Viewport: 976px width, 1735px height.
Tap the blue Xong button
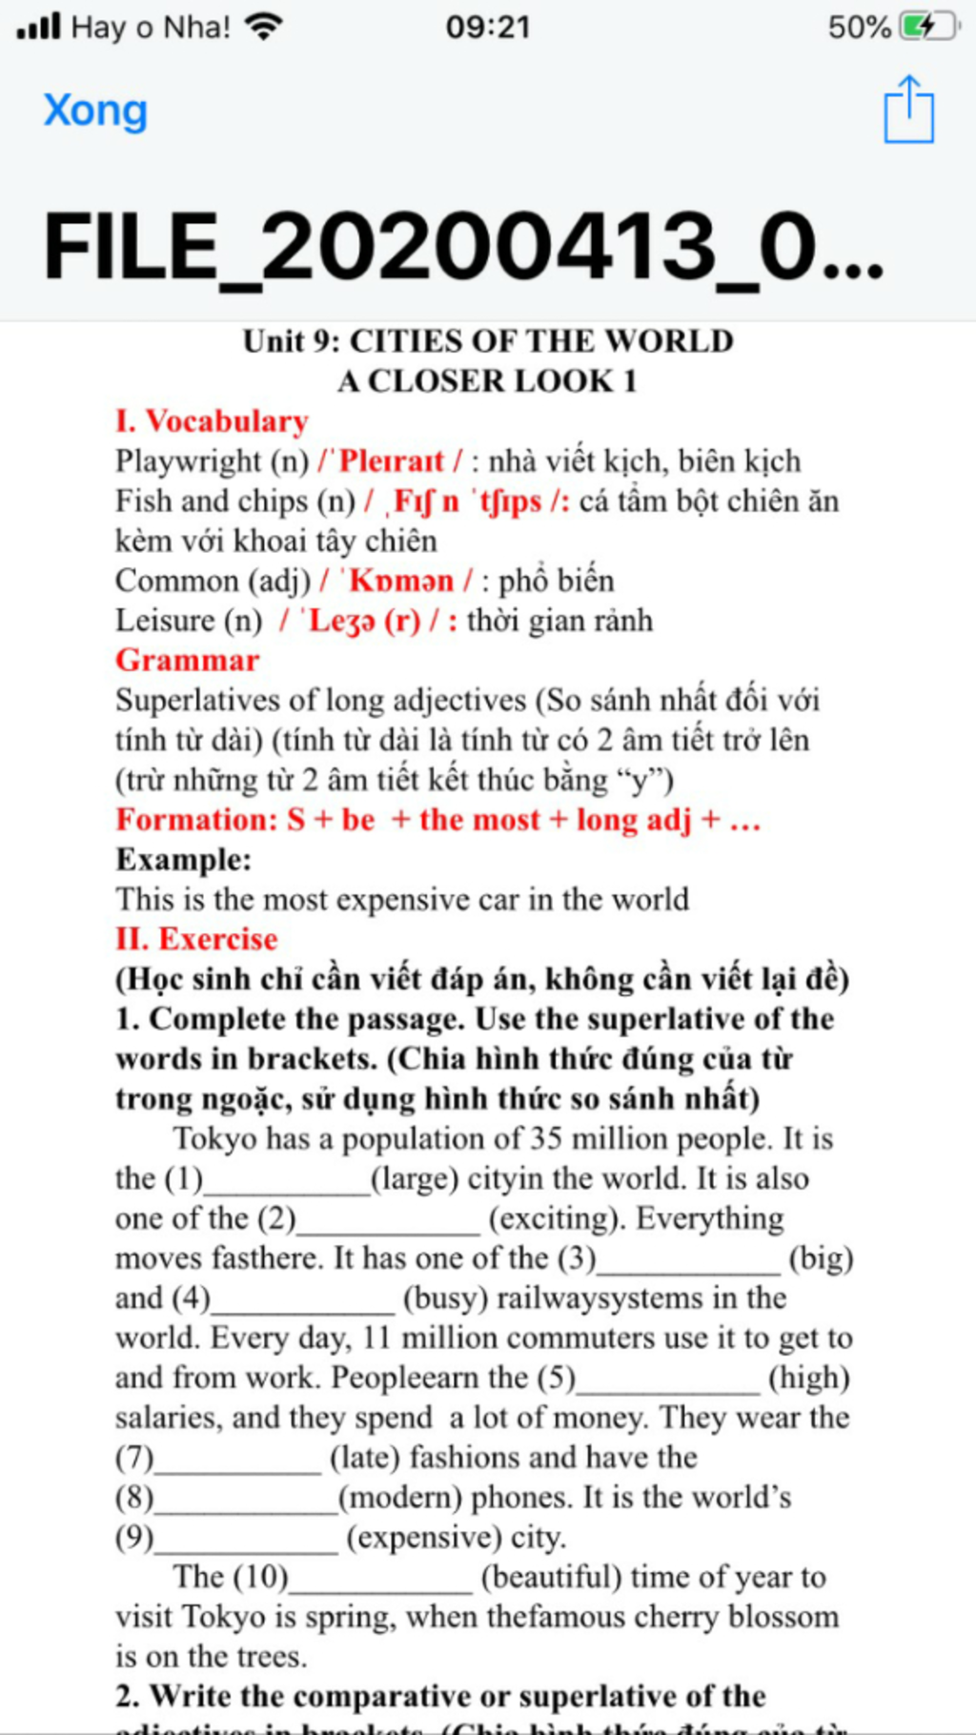(95, 111)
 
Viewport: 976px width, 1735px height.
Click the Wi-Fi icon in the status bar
(263, 26)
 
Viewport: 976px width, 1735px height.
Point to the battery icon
(929, 26)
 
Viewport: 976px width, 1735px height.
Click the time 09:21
(488, 27)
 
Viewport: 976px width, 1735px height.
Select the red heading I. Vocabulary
(212, 421)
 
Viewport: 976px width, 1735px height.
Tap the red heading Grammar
(187, 661)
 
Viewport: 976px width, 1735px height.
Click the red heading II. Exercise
(196, 939)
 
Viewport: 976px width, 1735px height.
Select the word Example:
(184, 860)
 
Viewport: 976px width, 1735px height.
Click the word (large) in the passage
(415, 1179)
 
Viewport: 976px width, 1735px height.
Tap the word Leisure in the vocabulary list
(165, 621)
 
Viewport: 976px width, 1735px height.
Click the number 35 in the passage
(547, 1139)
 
